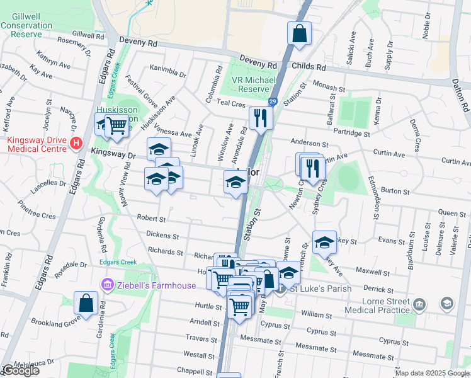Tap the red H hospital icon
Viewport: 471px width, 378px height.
point(76,144)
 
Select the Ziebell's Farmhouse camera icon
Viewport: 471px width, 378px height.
point(106,286)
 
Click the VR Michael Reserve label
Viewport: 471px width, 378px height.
point(254,84)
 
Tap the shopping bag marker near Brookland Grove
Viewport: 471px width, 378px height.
point(86,303)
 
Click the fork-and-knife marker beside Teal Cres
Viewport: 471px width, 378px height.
point(260,118)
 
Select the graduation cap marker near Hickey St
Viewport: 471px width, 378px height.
point(324,243)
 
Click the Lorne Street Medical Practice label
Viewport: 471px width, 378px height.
point(375,305)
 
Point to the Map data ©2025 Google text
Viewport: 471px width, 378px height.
point(432,373)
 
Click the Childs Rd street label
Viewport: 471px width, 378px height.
point(308,67)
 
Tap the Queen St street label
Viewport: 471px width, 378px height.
point(451,214)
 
